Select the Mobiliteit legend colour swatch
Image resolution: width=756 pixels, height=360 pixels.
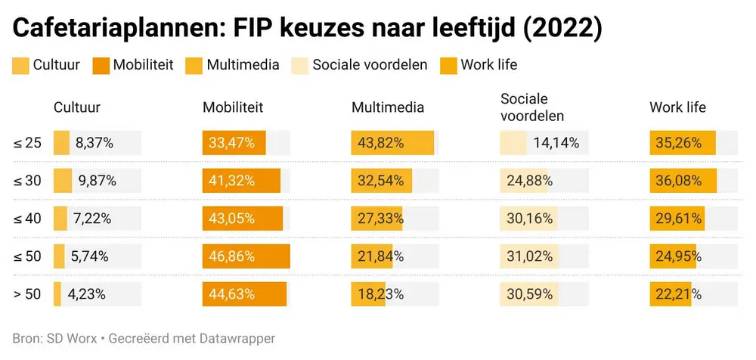101,65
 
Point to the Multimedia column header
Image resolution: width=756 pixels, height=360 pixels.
388,107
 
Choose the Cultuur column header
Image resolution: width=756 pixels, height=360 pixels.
77,107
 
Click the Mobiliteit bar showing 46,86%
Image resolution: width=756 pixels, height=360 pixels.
246,256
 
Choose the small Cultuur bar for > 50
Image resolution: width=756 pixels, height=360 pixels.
57,294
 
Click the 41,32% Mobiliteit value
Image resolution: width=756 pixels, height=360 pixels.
232,181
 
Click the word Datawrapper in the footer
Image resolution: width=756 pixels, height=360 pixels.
237,339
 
